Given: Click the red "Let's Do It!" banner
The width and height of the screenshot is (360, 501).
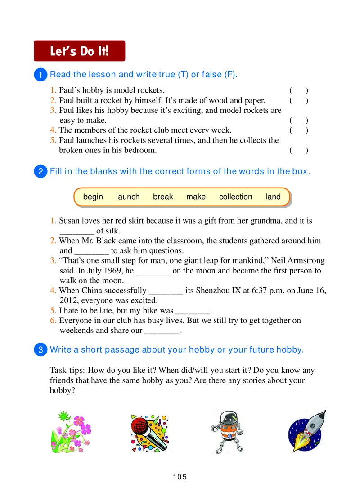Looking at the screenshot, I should click(x=80, y=51).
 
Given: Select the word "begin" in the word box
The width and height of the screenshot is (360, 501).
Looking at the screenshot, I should click(x=93, y=197).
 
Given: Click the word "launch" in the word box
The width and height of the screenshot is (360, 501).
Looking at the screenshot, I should click(x=128, y=197).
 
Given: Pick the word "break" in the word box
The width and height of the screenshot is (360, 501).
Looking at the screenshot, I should click(x=163, y=197).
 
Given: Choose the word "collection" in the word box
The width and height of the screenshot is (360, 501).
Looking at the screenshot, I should click(x=235, y=197).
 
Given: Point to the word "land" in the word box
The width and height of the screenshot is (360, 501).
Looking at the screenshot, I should click(x=273, y=197).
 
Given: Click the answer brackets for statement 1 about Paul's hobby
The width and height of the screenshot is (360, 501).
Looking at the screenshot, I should click(x=299, y=90).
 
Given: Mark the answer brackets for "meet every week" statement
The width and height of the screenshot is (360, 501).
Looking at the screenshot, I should click(x=299, y=130).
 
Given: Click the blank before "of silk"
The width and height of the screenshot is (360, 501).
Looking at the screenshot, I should click(x=76, y=231).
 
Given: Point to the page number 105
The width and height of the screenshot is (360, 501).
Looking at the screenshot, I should click(x=180, y=477).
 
